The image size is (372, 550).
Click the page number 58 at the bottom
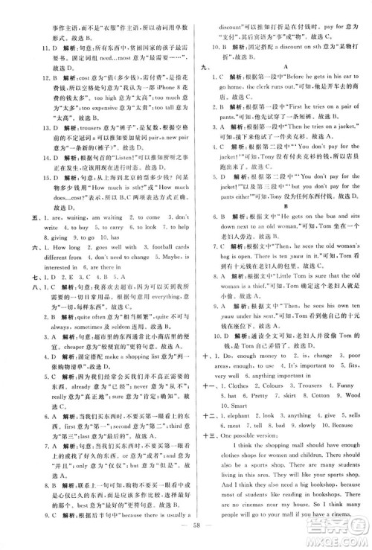click(186, 539)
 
